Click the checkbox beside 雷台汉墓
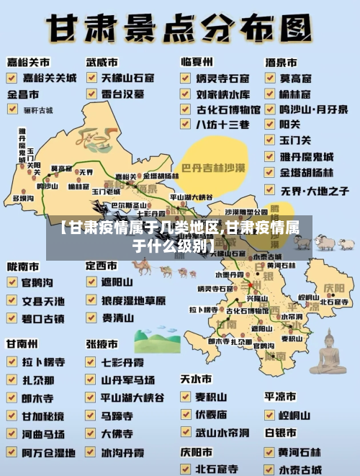pyautogui.click(x=91, y=94)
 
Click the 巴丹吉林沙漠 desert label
pyautogui.click(x=214, y=169)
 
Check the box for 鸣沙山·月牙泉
pyautogui.click(x=269, y=109)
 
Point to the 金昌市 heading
pyautogui.click(x=24, y=94)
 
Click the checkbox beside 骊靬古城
pyautogui.click(x=12, y=109)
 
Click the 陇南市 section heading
pyautogui.click(x=23, y=266)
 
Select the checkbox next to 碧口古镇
pyautogui.click(x=12, y=318)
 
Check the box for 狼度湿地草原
pyautogui.click(x=91, y=300)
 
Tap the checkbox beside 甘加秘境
pyautogui.click(x=12, y=416)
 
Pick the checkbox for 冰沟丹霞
pyautogui.click(x=91, y=453)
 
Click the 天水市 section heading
pyautogui.click(x=196, y=379)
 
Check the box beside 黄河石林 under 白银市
pyautogui.click(x=269, y=452)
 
